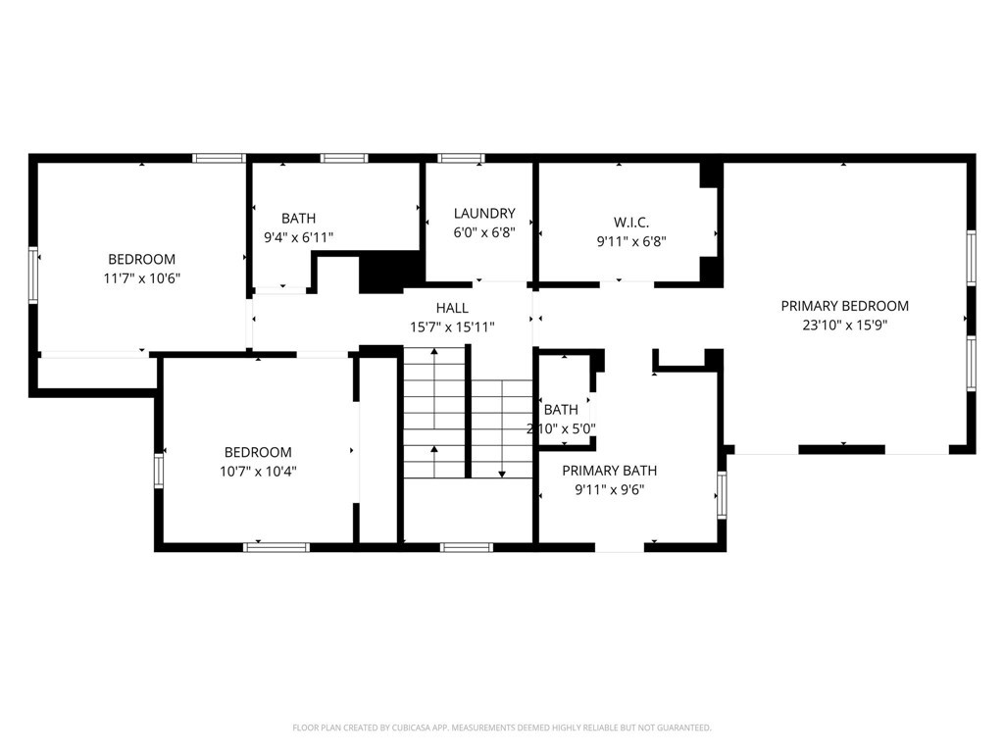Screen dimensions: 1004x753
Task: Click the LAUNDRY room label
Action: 484,213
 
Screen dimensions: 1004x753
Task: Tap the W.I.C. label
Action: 631,223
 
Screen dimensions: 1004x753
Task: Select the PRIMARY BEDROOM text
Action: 844,306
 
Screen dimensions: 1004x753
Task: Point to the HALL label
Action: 452,308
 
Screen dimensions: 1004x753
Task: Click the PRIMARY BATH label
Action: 609,471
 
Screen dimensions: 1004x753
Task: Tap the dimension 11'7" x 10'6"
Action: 141,278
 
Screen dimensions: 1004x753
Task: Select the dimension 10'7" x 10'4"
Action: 258,472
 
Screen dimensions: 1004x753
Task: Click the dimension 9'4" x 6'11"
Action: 298,237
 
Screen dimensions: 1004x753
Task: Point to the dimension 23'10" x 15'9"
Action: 844,326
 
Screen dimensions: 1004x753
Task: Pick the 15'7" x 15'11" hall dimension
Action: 452,327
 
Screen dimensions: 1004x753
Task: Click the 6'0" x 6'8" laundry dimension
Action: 484,232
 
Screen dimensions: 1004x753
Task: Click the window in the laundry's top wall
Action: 461,158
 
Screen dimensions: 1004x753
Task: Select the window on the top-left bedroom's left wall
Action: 33,275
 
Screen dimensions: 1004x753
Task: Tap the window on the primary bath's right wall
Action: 722,494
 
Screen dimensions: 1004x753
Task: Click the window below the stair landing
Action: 467,547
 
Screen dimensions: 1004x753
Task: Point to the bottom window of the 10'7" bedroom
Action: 276,547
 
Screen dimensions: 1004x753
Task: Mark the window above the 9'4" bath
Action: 344,158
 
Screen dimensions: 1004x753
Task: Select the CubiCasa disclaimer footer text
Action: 502,728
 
